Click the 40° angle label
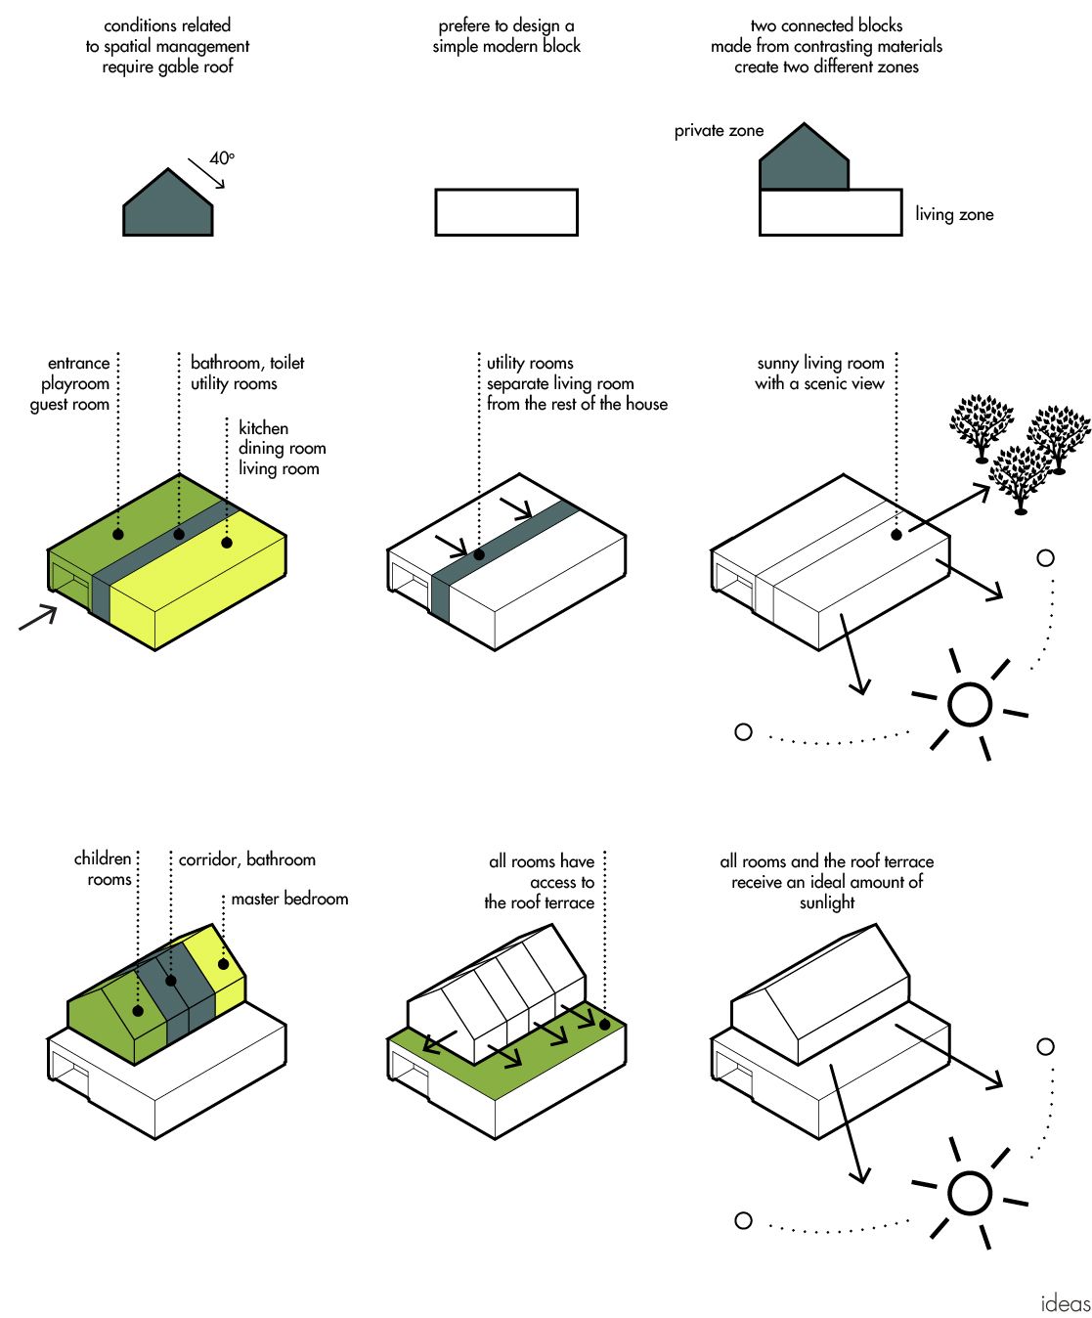[x=222, y=158]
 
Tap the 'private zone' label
[x=719, y=131]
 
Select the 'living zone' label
[x=954, y=214]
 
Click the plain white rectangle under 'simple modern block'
[x=506, y=212]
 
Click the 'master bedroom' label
[x=289, y=899]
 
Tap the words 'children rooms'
[x=104, y=868]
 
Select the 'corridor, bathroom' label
[x=247, y=859]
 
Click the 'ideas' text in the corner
[x=1065, y=1303]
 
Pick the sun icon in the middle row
[x=970, y=704]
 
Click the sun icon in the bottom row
[x=970, y=1193]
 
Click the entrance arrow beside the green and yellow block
[x=38, y=617]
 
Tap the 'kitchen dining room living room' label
[x=282, y=448]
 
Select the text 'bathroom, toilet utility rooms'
[x=247, y=373]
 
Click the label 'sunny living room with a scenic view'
[x=820, y=373]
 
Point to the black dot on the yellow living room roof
[x=227, y=542]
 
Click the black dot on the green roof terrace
[x=604, y=1025]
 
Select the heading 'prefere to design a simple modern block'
[x=506, y=35]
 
